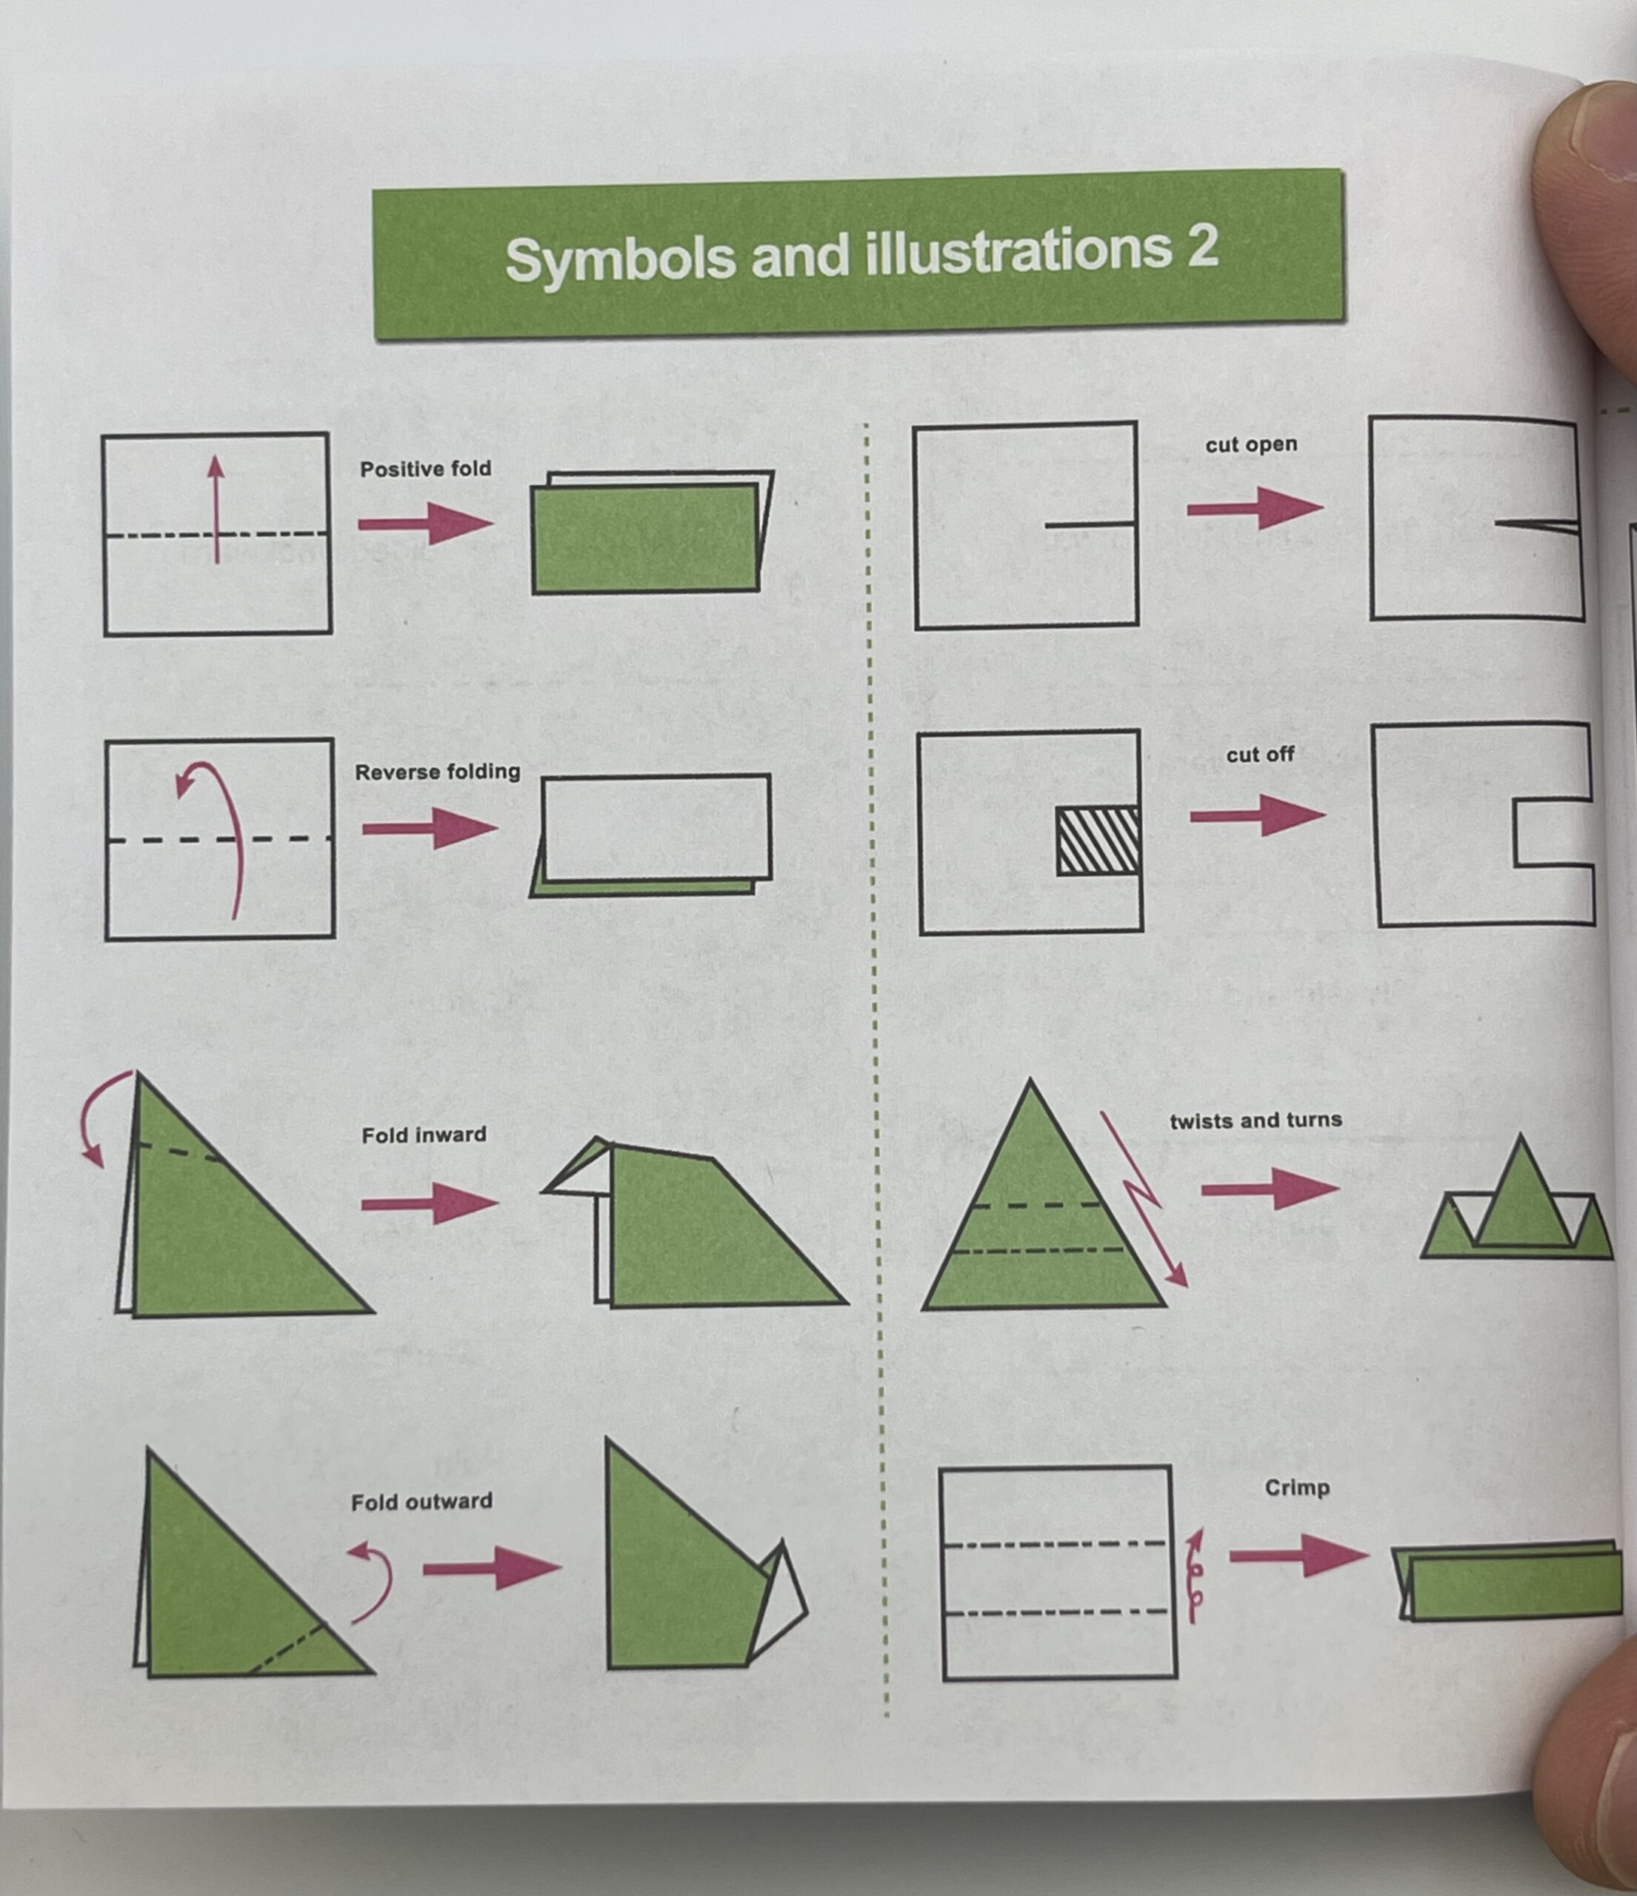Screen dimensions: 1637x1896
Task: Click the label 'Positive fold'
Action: (x=425, y=470)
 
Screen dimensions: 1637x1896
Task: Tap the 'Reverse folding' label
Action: (x=437, y=772)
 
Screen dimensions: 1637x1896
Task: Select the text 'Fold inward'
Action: (x=424, y=1135)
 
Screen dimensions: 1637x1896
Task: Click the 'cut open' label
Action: (x=1251, y=444)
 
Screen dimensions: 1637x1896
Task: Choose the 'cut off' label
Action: (x=1260, y=755)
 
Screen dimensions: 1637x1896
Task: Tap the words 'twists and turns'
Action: (x=1256, y=1120)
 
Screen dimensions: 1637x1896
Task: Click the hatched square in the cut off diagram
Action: (x=1098, y=841)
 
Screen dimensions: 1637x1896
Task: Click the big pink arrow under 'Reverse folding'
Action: (x=430, y=829)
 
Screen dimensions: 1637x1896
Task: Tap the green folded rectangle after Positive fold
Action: (x=645, y=538)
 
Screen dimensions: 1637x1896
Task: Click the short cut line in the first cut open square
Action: (x=1091, y=524)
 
